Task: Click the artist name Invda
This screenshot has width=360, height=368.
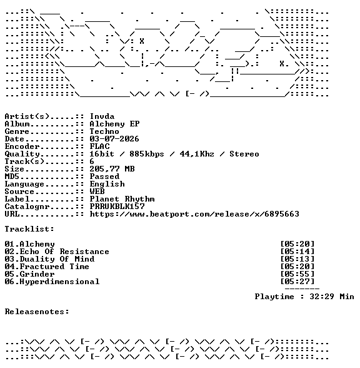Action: click(102, 116)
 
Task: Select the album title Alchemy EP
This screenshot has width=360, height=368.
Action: click(114, 124)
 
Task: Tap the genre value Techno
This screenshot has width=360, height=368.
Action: click(104, 131)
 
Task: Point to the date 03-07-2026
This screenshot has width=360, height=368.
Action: click(114, 139)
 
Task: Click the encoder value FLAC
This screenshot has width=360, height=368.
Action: click(99, 146)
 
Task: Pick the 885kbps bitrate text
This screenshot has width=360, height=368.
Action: click(147, 154)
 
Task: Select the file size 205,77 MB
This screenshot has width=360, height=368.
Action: click(112, 169)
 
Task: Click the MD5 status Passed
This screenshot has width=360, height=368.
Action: click(104, 176)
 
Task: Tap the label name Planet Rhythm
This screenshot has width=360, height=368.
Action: click(122, 199)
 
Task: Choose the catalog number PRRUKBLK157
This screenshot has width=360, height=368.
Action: click(117, 207)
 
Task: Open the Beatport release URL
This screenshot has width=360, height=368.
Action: click(194, 214)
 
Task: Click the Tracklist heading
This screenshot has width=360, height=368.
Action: click(29, 229)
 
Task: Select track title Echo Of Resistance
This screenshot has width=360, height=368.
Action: click(64, 252)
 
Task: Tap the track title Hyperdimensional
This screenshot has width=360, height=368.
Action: click(59, 282)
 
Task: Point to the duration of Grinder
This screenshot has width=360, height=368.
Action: click(297, 274)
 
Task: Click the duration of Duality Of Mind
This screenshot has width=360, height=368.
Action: click(297, 259)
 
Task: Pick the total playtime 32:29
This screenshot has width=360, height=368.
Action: click(322, 297)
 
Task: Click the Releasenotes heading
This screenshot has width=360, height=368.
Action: click(37, 312)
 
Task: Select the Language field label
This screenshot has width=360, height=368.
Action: click(24, 185)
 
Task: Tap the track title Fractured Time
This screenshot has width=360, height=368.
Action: click(54, 267)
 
